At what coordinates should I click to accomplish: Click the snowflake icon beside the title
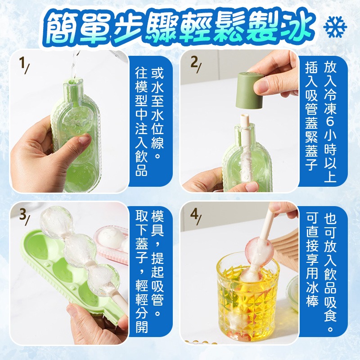coord(335,28)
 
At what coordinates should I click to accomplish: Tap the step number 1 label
coord(22,65)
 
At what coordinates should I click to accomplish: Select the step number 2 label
coord(195,65)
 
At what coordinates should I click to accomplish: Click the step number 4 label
coord(195,216)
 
